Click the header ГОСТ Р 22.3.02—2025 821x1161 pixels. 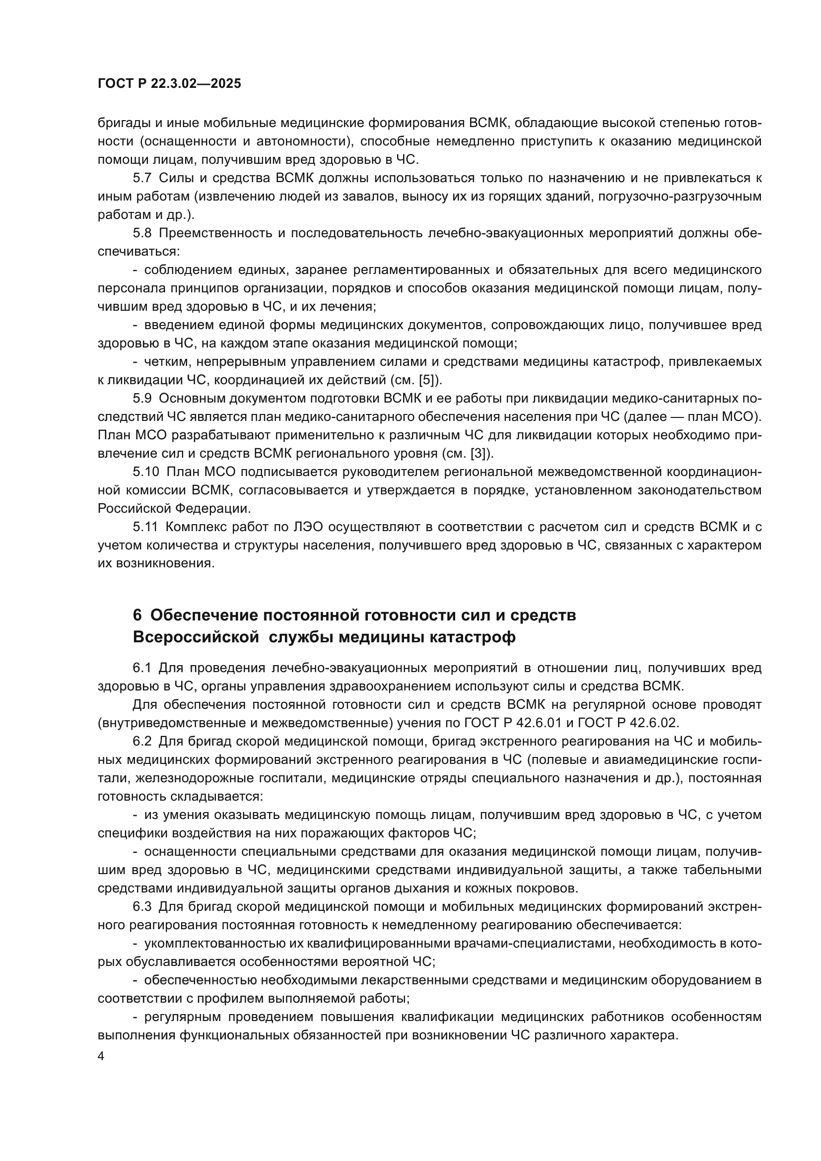(169, 84)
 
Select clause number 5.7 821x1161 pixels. (142, 178)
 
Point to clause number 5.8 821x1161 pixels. (142, 233)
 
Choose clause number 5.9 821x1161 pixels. (142, 399)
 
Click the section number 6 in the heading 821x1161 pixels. (137, 615)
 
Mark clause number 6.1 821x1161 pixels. (142, 668)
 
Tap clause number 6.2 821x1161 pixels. (142, 741)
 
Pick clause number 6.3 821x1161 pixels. (142, 907)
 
